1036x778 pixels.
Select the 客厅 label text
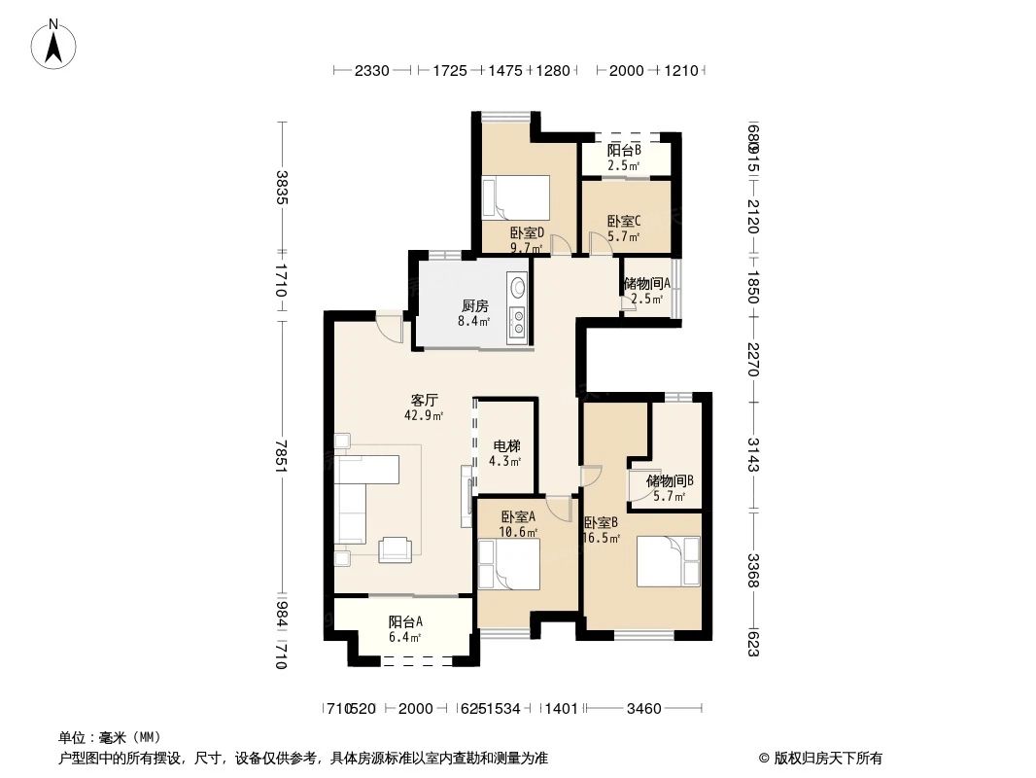(x=424, y=400)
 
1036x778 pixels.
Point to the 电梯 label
(x=506, y=445)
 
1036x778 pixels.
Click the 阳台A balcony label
(x=405, y=622)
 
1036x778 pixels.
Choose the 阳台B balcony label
(x=624, y=151)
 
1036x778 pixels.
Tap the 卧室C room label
(x=623, y=222)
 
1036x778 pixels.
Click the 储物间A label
(x=647, y=284)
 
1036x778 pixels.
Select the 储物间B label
(x=670, y=480)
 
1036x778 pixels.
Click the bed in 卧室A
(x=508, y=565)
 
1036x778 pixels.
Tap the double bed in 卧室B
(x=668, y=561)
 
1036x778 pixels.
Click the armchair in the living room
(x=396, y=549)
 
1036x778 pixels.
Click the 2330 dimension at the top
(x=371, y=71)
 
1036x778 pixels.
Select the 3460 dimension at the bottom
(x=643, y=709)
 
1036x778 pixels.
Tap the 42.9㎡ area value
(x=424, y=414)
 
